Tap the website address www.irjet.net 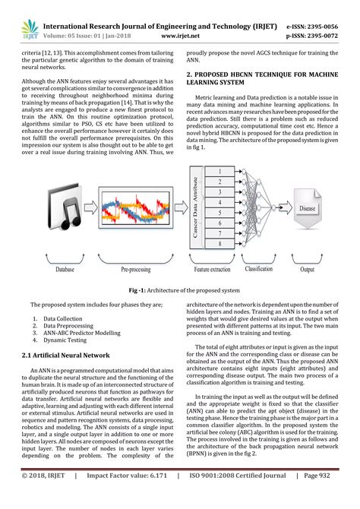coord(180,34)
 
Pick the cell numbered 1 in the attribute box coord(219,174)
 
